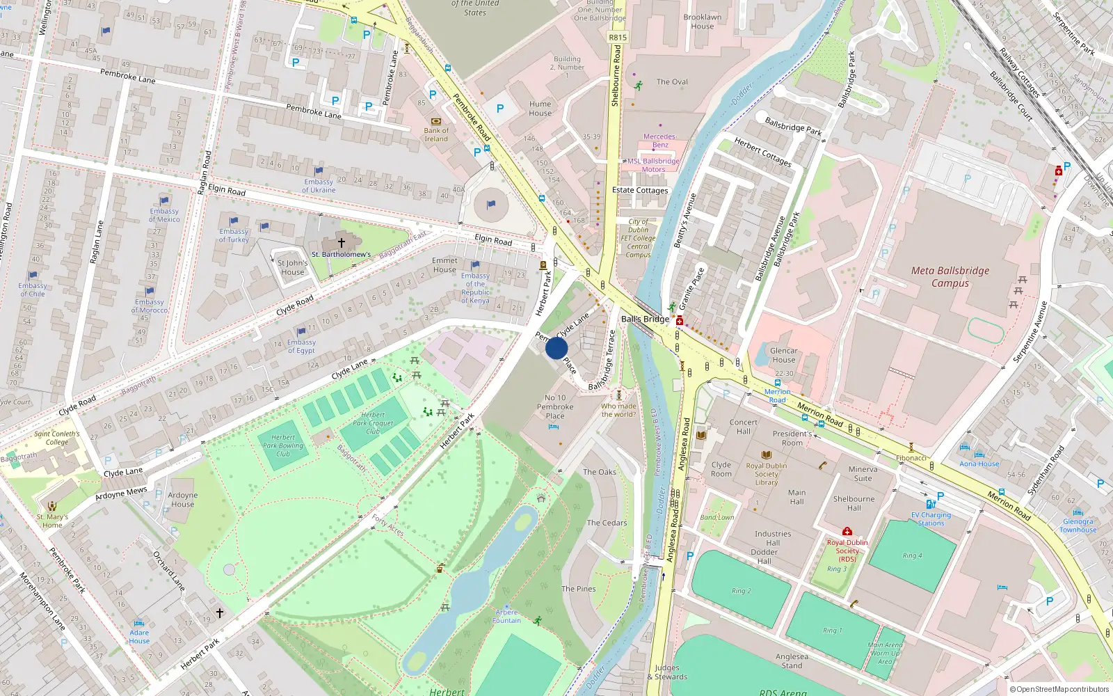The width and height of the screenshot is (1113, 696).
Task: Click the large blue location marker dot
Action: click(x=556, y=348)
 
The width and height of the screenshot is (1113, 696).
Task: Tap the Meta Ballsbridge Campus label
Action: click(x=950, y=277)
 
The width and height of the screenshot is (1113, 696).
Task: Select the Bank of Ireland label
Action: click(x=436, y=134)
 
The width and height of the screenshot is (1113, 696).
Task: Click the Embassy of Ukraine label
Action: click(x=319, y=186)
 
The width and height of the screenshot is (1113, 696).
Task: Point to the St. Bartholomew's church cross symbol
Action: click(x=341, y=243)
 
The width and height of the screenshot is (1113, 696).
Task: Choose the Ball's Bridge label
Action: click(x=645, y=319)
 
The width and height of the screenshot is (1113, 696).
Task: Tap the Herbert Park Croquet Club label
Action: click(x=373, y=422)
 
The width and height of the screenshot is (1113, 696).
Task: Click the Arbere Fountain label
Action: click(x=506, y=617)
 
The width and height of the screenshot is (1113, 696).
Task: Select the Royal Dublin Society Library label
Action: click(x=767, y=474)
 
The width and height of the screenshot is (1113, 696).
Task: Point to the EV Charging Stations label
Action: click(x=931, y=519)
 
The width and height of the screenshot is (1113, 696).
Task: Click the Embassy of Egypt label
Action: click(x=301, y=346)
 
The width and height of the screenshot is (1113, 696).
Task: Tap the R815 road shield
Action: click(x=617, y=38)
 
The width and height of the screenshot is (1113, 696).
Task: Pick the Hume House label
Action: click(x=540, y=109)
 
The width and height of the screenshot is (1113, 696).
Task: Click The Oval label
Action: click(x=672, y=82)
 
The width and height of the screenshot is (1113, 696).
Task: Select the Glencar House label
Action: click(x=783, y=355)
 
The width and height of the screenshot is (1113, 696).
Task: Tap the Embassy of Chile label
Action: click(x=33, y=290)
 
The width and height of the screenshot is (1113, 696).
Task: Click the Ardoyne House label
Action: click(x=183, y=500)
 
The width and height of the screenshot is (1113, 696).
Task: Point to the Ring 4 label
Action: click(x=912, y=555)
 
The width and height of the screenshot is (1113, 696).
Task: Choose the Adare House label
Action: click(x=139, y=637)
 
